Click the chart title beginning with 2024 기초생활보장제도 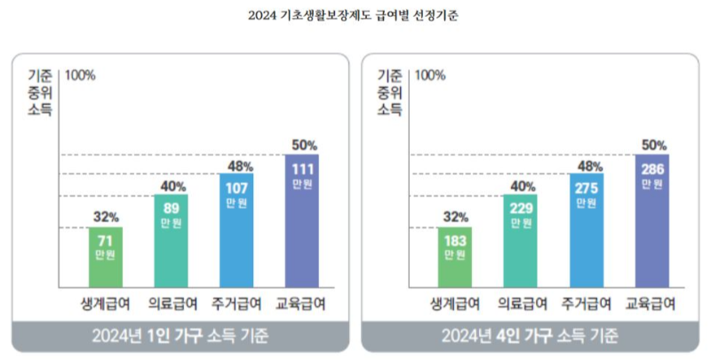point(355,16)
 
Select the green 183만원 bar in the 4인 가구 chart point(455,257)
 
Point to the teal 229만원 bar point(521,240)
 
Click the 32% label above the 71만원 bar point(106,216)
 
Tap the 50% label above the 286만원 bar point(653,144)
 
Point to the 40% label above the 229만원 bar point(522,186)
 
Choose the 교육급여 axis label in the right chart point(651,303)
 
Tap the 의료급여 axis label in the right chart point(521,303)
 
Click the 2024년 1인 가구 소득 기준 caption point(180,336)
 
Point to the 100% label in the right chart point(430,75)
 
